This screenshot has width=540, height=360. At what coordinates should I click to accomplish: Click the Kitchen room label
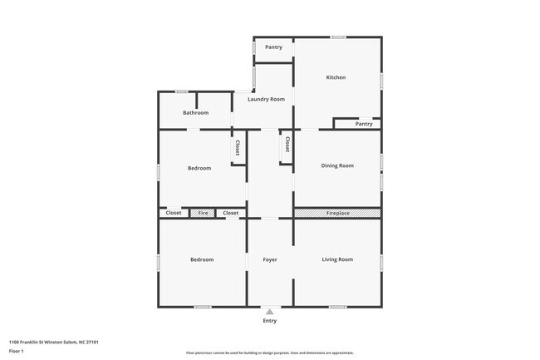point(336,77)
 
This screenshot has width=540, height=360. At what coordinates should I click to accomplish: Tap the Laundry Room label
point(266,99)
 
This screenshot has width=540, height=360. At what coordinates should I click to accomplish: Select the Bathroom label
point(195,112)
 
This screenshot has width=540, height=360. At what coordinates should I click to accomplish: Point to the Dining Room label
point(337,165)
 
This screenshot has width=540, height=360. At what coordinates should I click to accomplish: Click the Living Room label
point(337,259)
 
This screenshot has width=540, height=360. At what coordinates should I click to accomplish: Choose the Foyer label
point(270,260)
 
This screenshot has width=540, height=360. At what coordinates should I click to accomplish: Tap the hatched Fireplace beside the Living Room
point(337,214)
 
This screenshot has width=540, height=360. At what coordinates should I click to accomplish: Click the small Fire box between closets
point(203,214)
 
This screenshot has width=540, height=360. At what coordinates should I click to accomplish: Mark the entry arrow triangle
point(270,312)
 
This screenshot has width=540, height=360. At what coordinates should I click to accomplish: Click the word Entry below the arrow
point(270,321)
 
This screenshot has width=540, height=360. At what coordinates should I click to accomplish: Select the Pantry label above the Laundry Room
point(273,47)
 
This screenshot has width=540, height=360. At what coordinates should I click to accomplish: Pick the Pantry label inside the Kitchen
point(364,124)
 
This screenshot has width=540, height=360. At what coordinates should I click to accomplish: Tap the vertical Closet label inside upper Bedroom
point(238,148)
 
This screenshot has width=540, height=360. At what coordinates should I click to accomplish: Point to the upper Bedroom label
point(199,169)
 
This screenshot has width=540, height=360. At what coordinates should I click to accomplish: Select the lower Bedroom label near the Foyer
point(202,260)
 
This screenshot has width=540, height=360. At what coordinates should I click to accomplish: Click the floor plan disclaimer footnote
point(270,353)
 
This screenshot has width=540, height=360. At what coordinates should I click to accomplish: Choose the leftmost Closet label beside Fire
point(174,214)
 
